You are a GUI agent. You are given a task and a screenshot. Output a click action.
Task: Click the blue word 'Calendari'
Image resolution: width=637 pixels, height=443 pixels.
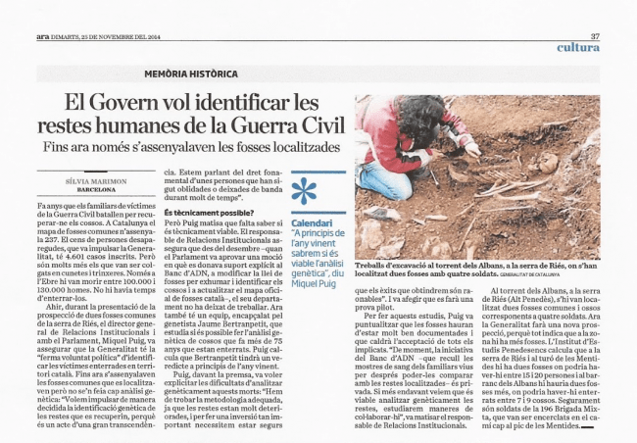pyautogui.click(x=316, y=222)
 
